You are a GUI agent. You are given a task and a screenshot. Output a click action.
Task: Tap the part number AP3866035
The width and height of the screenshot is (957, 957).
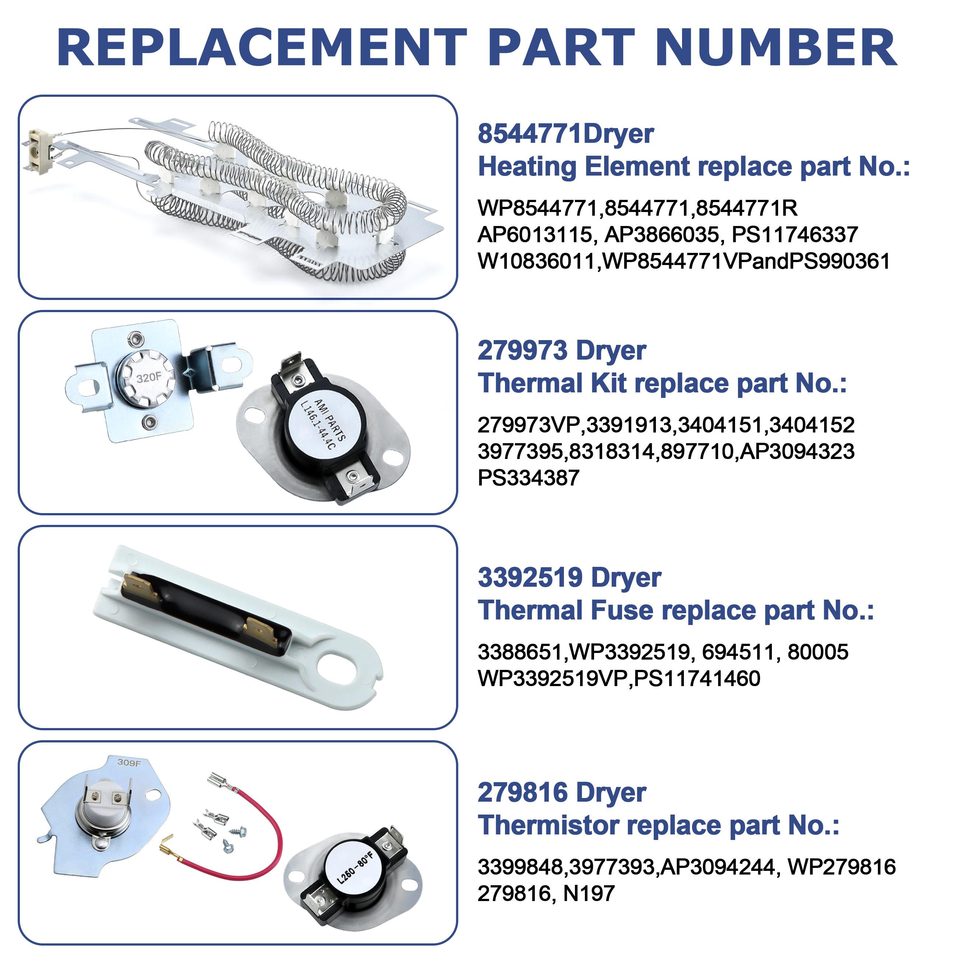tap(662, 235)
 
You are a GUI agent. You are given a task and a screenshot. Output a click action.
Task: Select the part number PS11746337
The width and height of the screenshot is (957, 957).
tap(795, 235)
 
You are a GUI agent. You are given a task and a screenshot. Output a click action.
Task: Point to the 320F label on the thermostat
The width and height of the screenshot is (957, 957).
tap(149, 377)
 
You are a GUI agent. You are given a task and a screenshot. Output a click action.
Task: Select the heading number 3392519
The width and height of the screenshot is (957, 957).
tap(530, 578)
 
